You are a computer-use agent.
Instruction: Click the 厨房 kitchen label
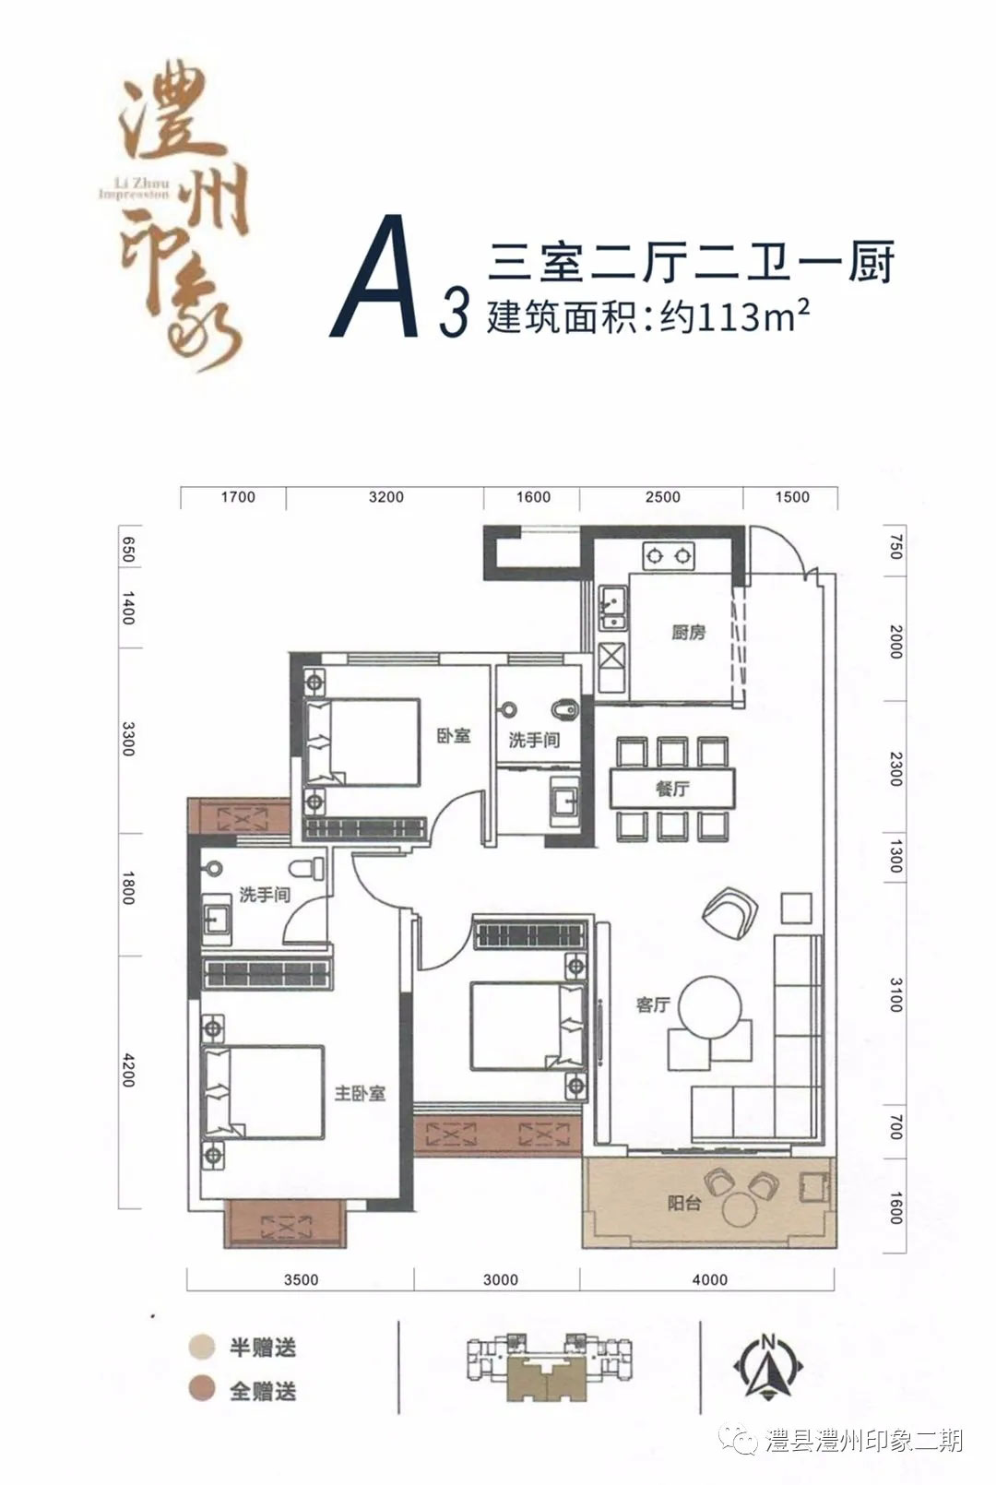[x=688, y=633]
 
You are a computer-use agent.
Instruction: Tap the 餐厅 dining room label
[x=672, y=789]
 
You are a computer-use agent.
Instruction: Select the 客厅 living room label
[x=653, y=1004]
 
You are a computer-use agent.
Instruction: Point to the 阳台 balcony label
[x=684, y=1203]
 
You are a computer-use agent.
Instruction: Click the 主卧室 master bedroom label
[x=360, y=1093]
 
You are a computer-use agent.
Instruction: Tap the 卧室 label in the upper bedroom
[x=454, y=736]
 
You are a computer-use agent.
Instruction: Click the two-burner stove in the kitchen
[x=669, y=556]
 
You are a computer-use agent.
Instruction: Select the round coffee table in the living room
[x=710, y=1007]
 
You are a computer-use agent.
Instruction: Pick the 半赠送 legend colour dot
[x=201, y=1347]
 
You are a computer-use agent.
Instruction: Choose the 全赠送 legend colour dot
[x=201, y=1389]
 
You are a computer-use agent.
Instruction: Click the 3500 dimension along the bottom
[x=301, y=1279]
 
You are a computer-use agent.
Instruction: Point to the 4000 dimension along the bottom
[x=709, y=1279]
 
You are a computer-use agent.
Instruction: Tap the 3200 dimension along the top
[x=385, y=497]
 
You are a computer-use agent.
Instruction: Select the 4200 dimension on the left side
[x=129, y=1070]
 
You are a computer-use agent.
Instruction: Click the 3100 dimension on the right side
[x=895, y=996]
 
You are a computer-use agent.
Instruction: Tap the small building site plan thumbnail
[x=550, y=1368]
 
